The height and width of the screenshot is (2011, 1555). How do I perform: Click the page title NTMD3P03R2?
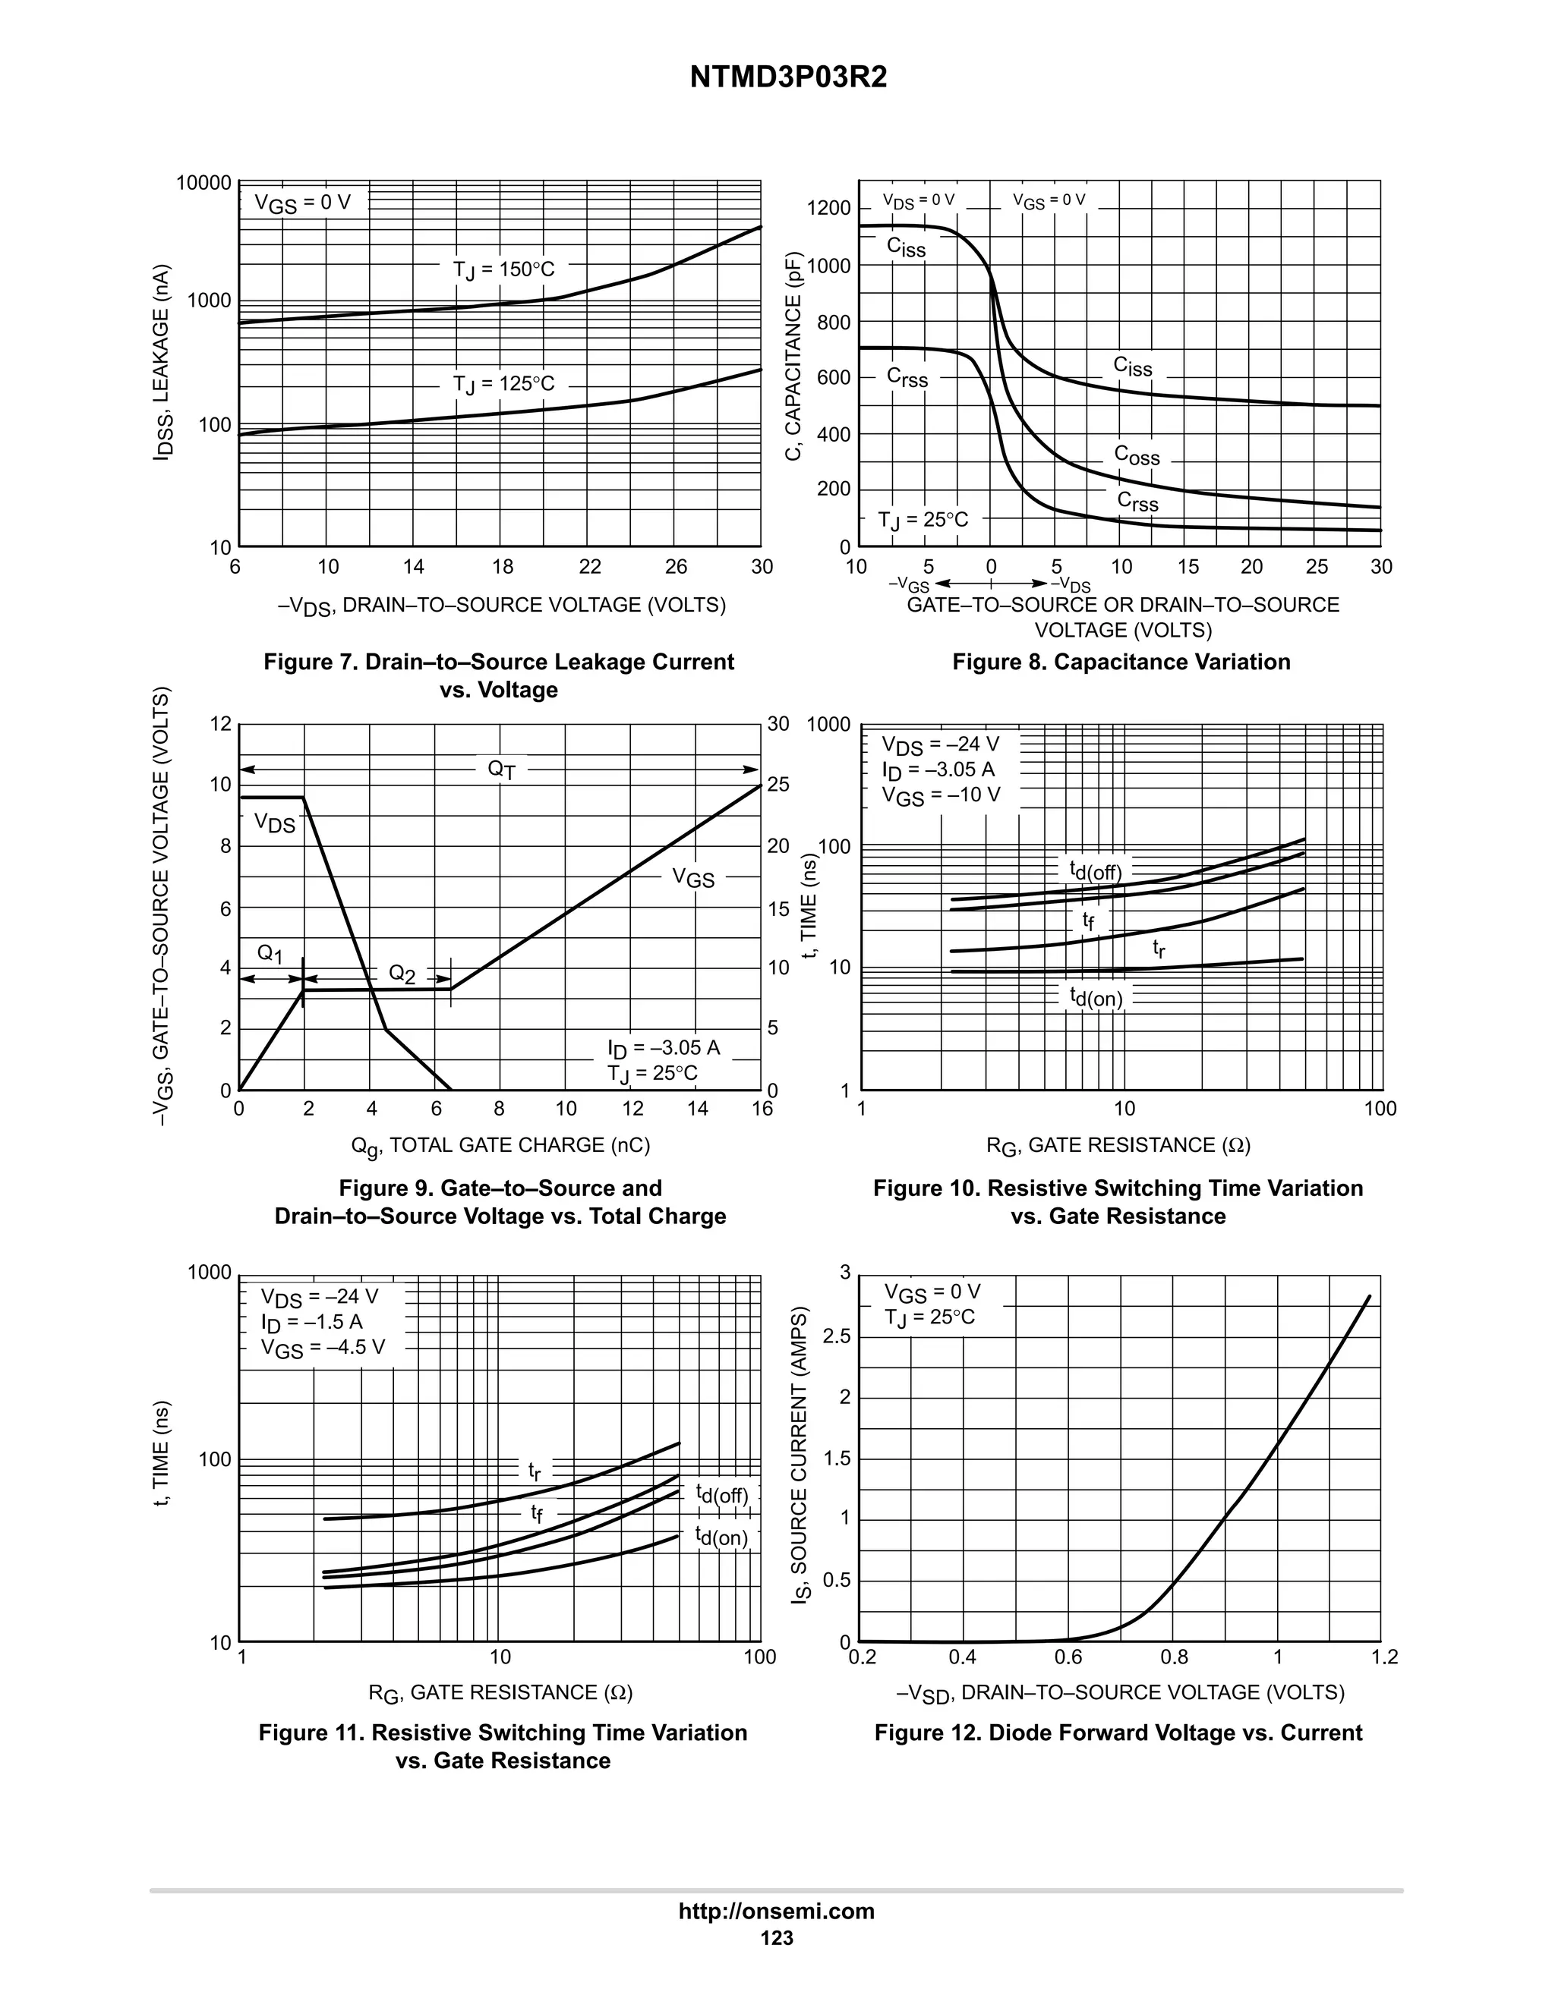(787, 78)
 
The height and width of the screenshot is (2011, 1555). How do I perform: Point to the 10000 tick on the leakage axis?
(203, 183)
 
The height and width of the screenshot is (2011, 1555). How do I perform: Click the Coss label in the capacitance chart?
(1137, 455)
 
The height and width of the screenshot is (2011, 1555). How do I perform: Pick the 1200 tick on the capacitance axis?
(828, 209)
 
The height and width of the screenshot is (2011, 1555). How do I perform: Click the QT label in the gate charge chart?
(501, 769)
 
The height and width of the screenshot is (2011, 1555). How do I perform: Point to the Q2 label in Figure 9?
(402, 974)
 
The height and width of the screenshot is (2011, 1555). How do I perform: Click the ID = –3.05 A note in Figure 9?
(664, 1048)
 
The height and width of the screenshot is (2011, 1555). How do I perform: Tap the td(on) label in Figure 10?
(1096, 997)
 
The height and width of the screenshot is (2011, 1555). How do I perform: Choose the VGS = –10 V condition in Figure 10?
(941, 795)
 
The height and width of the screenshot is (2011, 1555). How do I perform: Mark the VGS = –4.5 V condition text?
(323, 1348)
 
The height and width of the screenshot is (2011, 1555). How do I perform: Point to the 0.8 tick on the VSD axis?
(1175, 1657)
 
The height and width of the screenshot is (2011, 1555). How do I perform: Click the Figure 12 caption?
(1118, 1733)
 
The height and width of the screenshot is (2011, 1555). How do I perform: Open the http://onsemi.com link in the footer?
(777, 1912)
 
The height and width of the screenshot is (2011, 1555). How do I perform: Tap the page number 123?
(777, 1938)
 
